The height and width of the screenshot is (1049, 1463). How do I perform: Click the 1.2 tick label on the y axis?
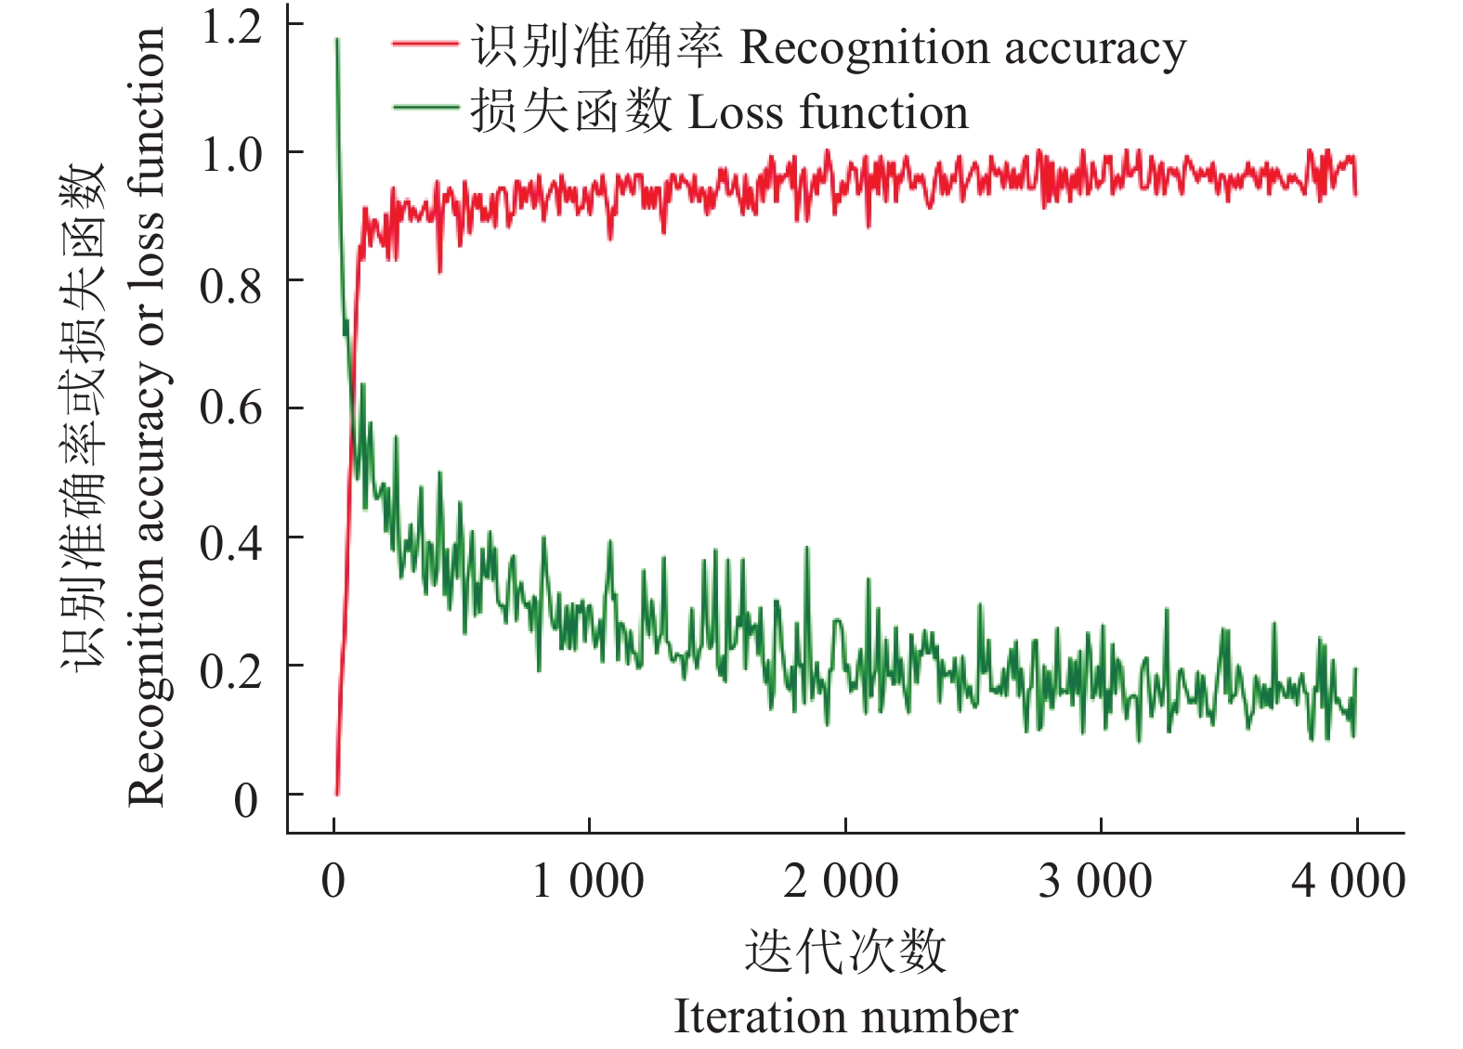231,27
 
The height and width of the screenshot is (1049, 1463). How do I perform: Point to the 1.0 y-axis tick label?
231,154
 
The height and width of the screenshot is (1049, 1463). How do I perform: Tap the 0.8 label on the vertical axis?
231,286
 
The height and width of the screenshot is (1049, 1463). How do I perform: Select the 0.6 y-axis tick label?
231,408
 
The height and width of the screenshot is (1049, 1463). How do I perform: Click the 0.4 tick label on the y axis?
231,542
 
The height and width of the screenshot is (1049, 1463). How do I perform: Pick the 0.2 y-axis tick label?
231,670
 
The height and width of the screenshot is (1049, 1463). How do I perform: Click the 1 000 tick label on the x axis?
588,881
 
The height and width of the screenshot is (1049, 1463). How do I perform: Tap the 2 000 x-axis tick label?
842,881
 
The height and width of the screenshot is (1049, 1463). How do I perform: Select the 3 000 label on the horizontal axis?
1096,881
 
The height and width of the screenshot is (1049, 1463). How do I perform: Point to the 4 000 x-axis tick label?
1349,881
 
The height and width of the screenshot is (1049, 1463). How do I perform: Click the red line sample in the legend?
425,44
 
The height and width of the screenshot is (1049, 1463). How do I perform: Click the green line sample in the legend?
425,108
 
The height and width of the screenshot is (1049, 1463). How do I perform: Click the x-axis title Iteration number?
845,1017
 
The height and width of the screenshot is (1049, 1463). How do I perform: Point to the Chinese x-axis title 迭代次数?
845,952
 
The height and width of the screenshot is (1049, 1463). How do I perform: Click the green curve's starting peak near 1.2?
337,40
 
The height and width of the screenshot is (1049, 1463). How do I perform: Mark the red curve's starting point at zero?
336,794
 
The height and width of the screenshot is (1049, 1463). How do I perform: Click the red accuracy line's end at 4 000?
1356,193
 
